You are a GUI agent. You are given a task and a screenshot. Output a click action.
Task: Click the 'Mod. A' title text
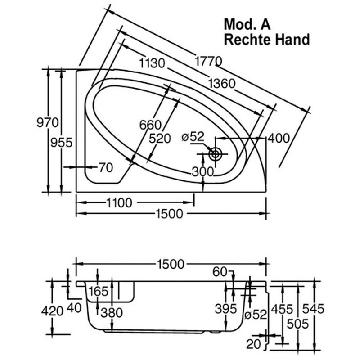[x=247, y=24]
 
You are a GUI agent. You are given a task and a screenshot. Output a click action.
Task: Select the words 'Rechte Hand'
[x=267, y=40]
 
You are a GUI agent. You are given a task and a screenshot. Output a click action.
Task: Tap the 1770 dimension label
[x=208, y=61]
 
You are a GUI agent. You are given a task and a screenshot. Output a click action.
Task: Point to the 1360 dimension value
[x=222, y=84]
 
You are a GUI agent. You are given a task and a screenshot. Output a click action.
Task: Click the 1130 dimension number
[x=152, y=63]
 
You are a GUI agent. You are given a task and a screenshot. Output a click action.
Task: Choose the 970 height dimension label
[x=48, y=122]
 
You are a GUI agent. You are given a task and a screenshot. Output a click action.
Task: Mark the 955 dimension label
[x=62, y=142]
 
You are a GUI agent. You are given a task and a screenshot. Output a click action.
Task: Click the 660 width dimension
[x=150, y=125]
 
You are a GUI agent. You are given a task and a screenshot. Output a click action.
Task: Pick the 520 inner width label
[x=160, y=139]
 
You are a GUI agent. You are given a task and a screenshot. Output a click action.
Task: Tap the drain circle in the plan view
[x=216, y=154]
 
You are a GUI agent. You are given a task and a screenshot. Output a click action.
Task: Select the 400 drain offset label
[x=279, y=138]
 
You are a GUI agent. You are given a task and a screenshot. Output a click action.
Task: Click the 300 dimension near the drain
[x=203, y=171]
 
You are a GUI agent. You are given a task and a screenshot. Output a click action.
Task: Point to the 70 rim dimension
[x=106, y=167]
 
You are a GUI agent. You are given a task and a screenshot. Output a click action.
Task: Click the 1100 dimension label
[x=119, y=203]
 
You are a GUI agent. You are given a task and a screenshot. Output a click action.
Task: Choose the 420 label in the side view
[x=52, y=311]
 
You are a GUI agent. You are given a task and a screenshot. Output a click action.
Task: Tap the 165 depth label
[x=98, y=292]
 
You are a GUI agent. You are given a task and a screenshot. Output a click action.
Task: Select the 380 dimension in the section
[x=112, y=313]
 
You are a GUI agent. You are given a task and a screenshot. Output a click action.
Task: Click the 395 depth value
[x=225, y=309]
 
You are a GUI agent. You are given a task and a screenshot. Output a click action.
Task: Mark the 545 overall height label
[x=313, y=309]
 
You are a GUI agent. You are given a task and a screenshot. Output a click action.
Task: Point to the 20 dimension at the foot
[x=254, y=344]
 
